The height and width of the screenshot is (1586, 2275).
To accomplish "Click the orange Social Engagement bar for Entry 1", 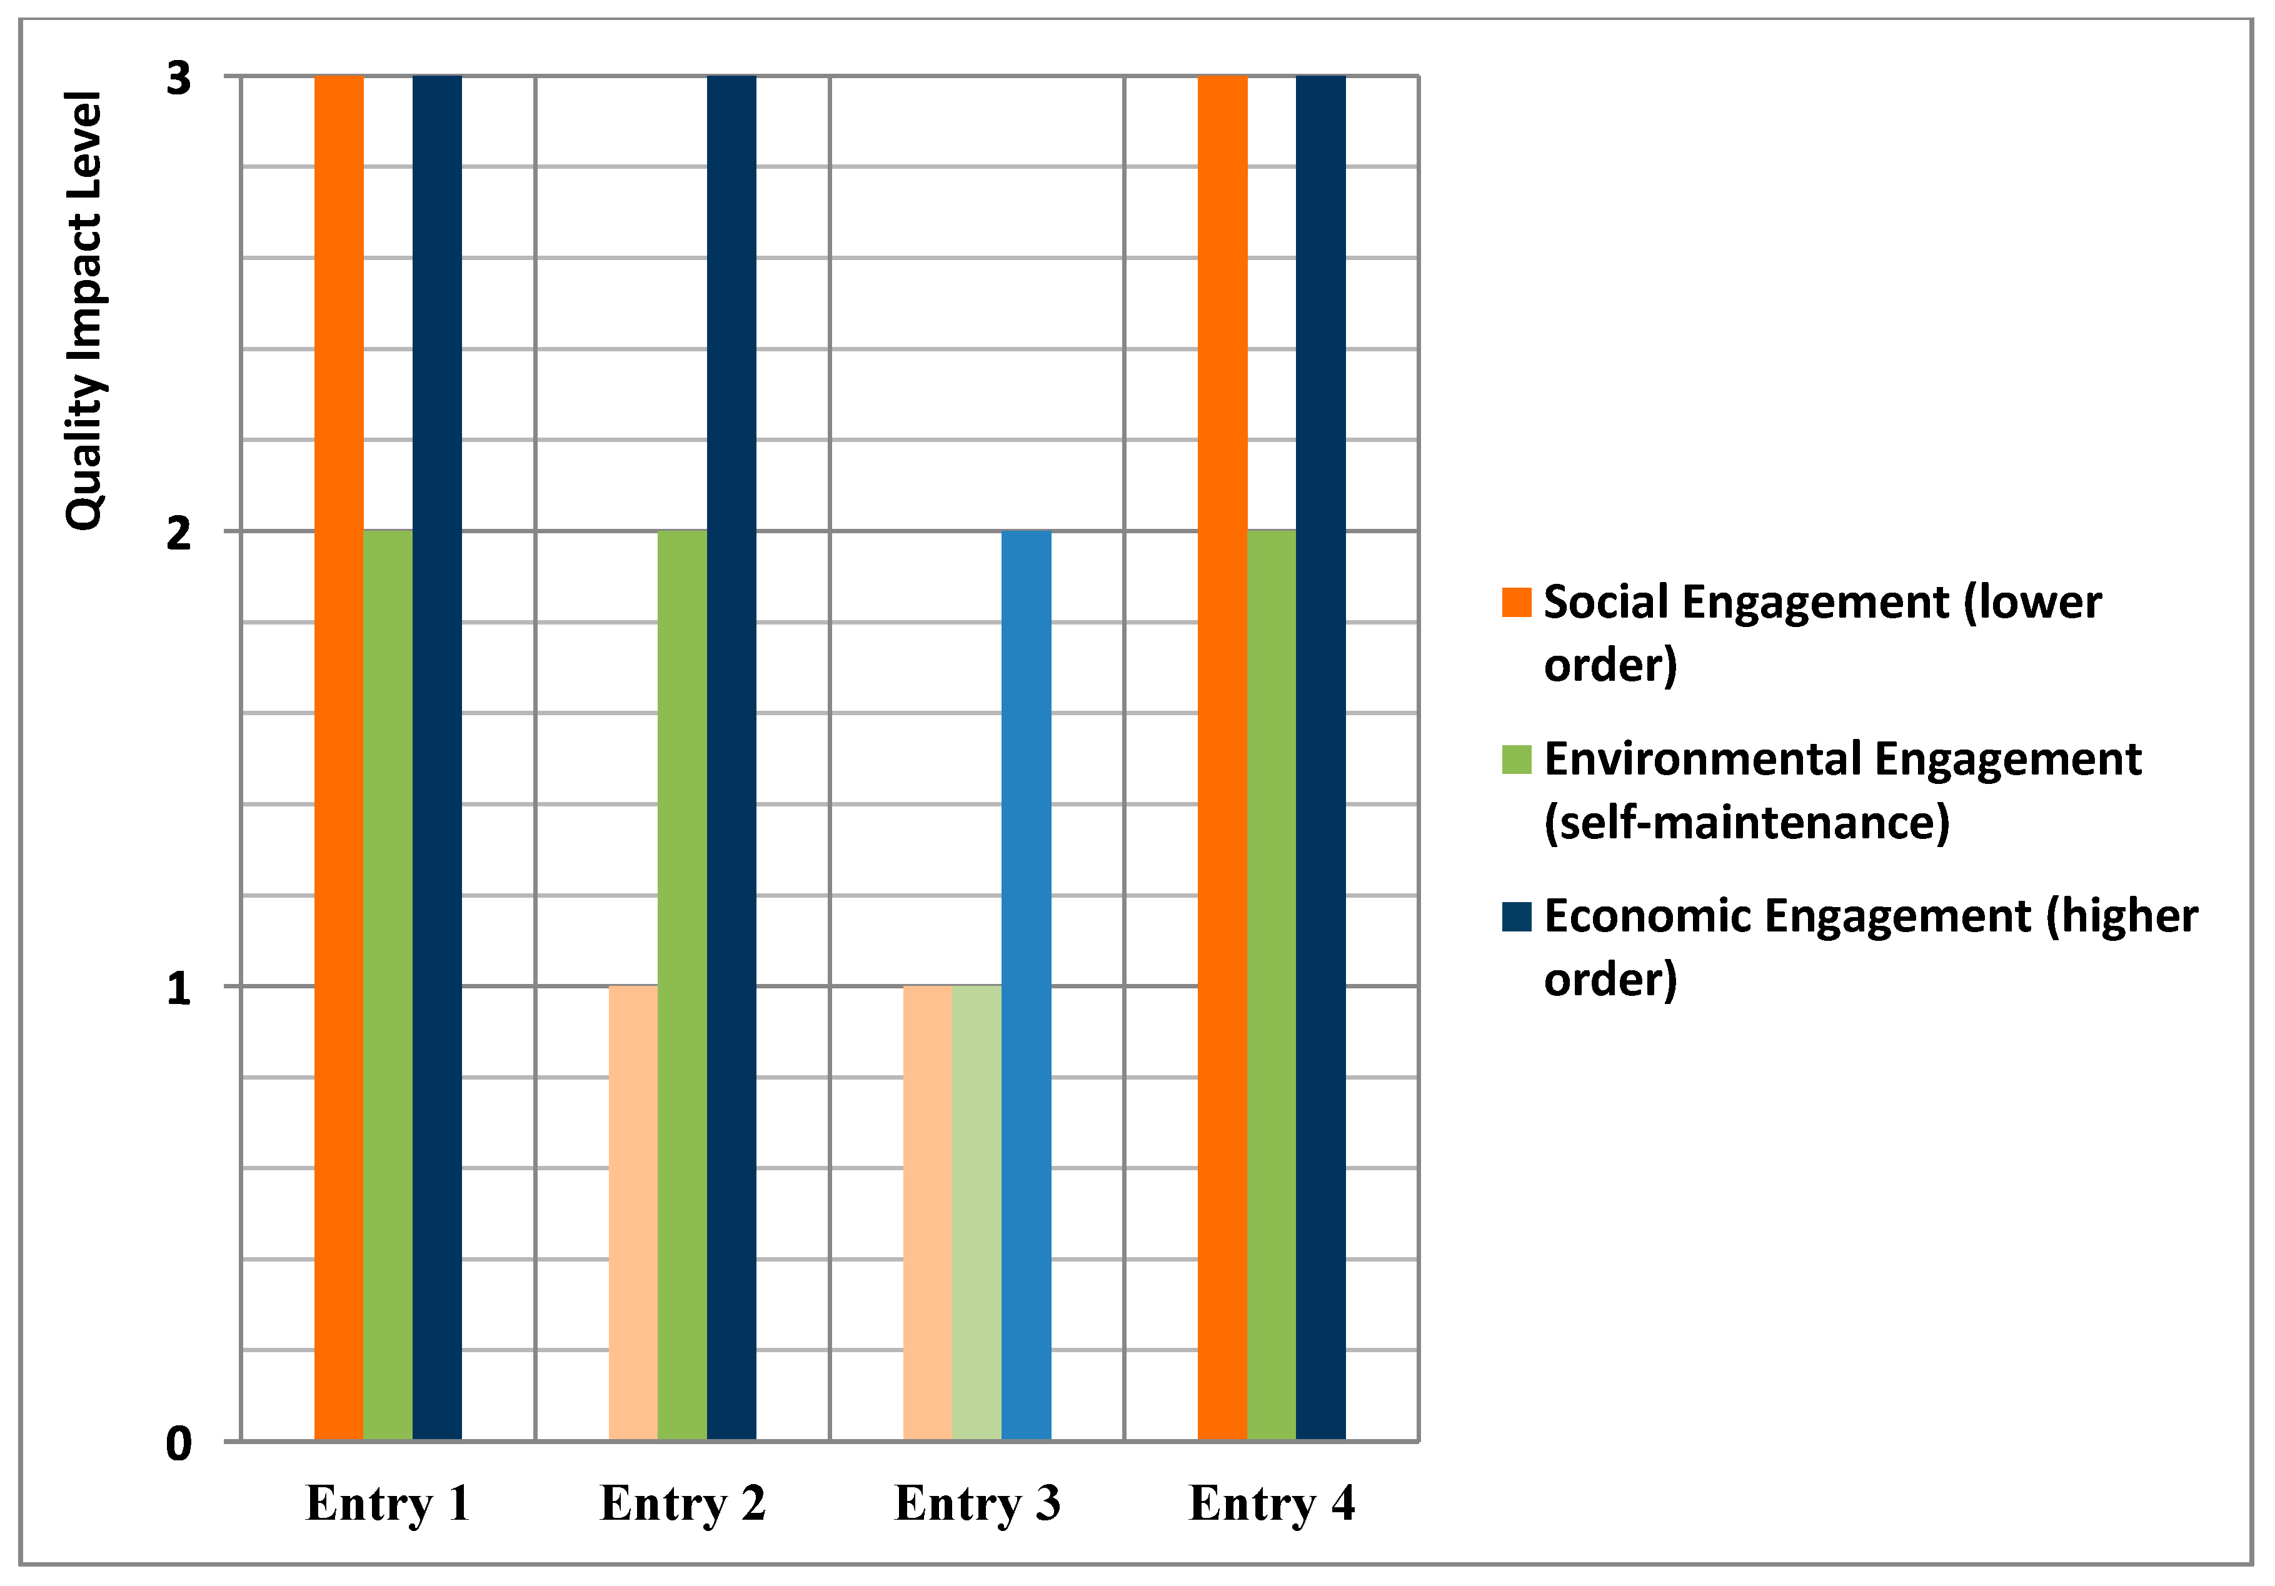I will pyautogui.click(x=339, y=758).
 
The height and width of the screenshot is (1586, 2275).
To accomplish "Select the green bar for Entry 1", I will pyautogui.click(x=388, y=986).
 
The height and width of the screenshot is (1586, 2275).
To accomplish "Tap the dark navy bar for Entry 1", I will pyautogui.click(x=437, y=758).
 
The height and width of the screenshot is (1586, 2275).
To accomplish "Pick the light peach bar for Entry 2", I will pyautogui.click(x=633, y=1213).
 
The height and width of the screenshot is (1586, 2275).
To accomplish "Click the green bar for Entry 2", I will pyautogui.click(x=681, y=986).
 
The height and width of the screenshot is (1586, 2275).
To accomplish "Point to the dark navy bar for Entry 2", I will pyautogui.click(x=731, y=758).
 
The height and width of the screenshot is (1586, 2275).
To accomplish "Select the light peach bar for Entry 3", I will pyautogui.click(x=927, y=1213).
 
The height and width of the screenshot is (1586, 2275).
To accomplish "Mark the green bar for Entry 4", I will pyautogui.click(x=1271, y=986).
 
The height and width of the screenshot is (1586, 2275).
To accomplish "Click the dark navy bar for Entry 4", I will pyautogui.click(x=1321, y=758).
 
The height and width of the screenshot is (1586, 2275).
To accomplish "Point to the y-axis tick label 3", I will pyautogui.click(x=178, y=78).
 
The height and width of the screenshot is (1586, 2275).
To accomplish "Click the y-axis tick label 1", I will pyautogui.click(x=178, y=988).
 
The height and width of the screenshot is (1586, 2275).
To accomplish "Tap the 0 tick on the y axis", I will pyautogui.click(x=178, y=1444).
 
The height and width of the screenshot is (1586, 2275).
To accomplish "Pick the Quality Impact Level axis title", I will pyautogui.click(x=84, y=310).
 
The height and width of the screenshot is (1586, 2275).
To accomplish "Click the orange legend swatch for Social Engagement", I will pyautogui.click(x=1516, y=602).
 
